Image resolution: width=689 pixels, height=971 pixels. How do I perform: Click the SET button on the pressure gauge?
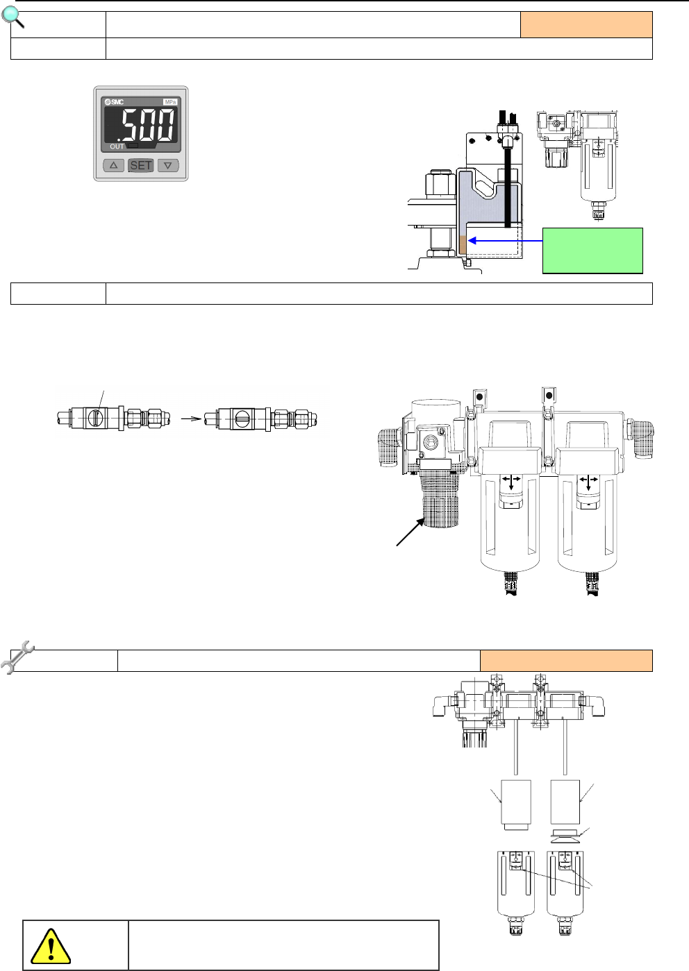point(141,165)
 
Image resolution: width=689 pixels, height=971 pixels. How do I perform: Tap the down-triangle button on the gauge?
point(168,165)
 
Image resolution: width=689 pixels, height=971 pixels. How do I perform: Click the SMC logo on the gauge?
point(115,102)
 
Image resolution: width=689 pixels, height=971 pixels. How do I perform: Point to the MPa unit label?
point(170,102)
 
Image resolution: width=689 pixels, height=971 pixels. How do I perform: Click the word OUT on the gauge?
point(117,146)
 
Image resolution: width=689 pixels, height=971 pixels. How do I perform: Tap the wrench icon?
point(17,657)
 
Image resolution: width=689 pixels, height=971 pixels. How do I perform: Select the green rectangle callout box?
point(592,251)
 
